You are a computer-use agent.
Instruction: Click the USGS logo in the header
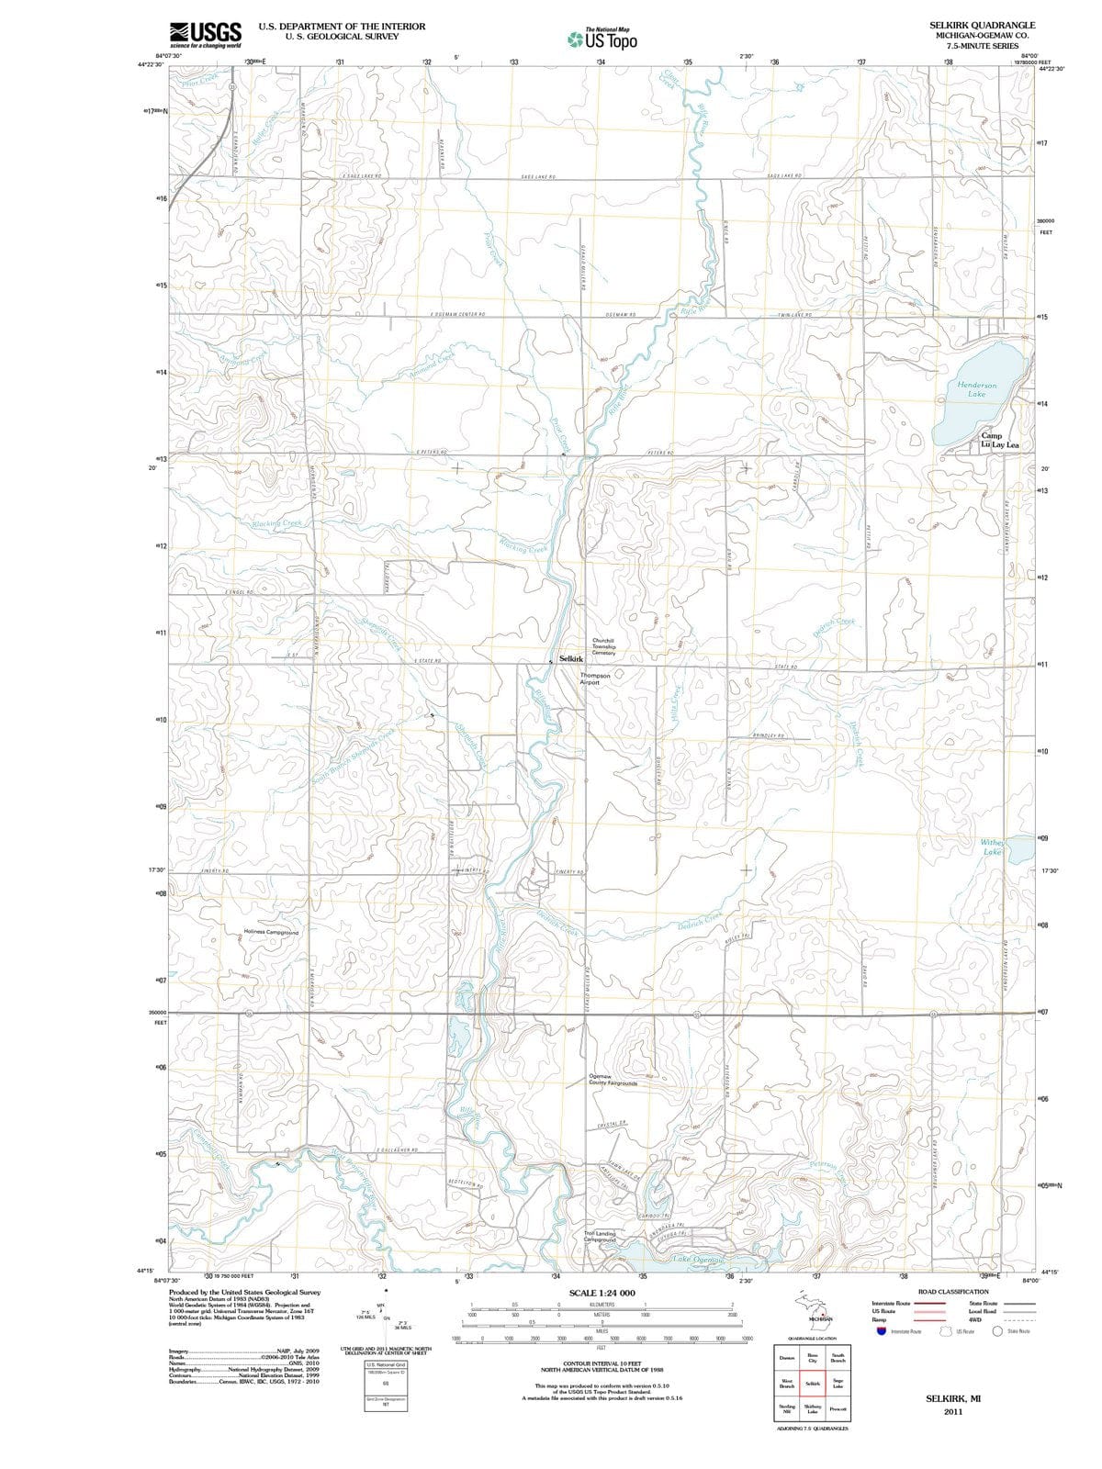[x=206, y=34]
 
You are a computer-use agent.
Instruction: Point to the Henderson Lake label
[x=976, y=389]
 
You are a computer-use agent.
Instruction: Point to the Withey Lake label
[x=993, y=847]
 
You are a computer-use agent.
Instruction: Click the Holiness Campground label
[x=271, y=932]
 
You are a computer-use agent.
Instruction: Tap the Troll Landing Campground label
[x=600, y=1236]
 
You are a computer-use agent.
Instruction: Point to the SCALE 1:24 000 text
[x=602, y=1293]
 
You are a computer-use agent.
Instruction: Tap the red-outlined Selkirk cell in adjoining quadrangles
[x=813, y=1383]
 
